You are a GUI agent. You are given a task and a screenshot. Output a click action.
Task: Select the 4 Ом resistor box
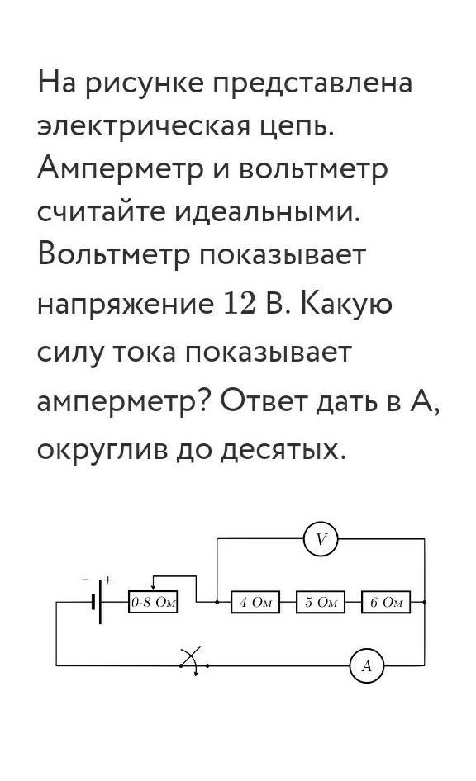[x=255, y=602]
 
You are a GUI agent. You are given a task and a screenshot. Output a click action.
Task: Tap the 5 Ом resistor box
[x=321, y=602]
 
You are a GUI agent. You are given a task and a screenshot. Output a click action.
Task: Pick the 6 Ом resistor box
[x=386, y=602]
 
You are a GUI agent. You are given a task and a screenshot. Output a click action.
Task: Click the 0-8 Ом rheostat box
[x=153, y=602]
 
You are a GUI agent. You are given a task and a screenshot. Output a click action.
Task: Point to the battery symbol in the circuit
[x=97, y=602]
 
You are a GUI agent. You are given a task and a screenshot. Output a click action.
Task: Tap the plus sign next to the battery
[x=108, y=580]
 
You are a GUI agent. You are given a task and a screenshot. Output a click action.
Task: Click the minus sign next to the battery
[x=85, y=580]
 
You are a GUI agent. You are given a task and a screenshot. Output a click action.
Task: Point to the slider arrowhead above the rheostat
[x=153, y=587]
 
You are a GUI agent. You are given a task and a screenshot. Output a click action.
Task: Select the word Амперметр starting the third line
[x=120, y=170]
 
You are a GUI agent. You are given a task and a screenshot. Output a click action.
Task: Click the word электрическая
[x=142, y=126]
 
